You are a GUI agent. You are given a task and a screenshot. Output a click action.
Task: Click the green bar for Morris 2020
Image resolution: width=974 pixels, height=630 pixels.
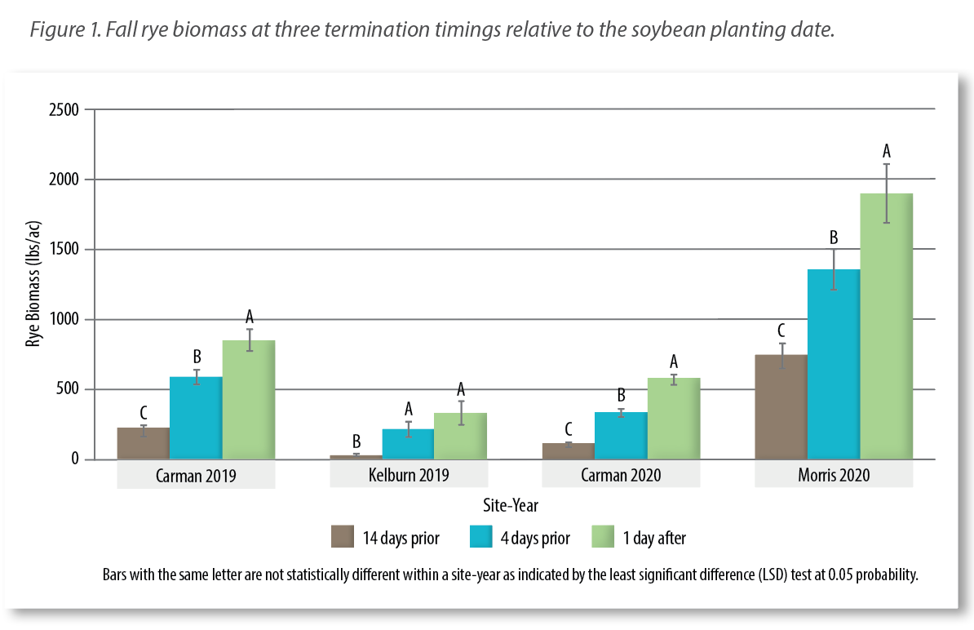click(x=886, y=326)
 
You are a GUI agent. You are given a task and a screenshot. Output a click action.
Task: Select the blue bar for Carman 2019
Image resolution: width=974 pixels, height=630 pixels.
click(x=196, y=418)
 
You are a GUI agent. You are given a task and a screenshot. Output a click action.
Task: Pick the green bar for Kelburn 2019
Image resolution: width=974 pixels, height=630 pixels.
click(x=460, y=436)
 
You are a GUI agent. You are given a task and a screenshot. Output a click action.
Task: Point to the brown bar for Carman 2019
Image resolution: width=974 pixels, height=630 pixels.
click(x=144, y=443)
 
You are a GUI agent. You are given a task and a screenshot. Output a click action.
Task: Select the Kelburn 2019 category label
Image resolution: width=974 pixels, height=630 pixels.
click(x=408, y=476)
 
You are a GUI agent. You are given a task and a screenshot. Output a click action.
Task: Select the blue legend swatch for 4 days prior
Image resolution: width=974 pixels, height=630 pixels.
click(x=481, y=537)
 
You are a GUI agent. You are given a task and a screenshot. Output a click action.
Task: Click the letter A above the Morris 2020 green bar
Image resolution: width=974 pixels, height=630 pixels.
click(x=887, y=151)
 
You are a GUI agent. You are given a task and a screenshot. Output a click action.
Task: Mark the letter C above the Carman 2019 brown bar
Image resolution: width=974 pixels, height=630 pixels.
click(x=144, y=412)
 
